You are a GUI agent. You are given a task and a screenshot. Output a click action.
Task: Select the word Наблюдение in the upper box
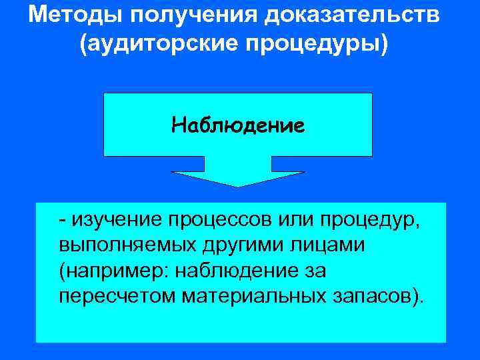pos(238,125)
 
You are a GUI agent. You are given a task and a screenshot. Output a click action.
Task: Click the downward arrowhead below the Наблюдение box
pos(238,178)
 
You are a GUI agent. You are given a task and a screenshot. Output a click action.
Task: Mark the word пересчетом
pos(117,295)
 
